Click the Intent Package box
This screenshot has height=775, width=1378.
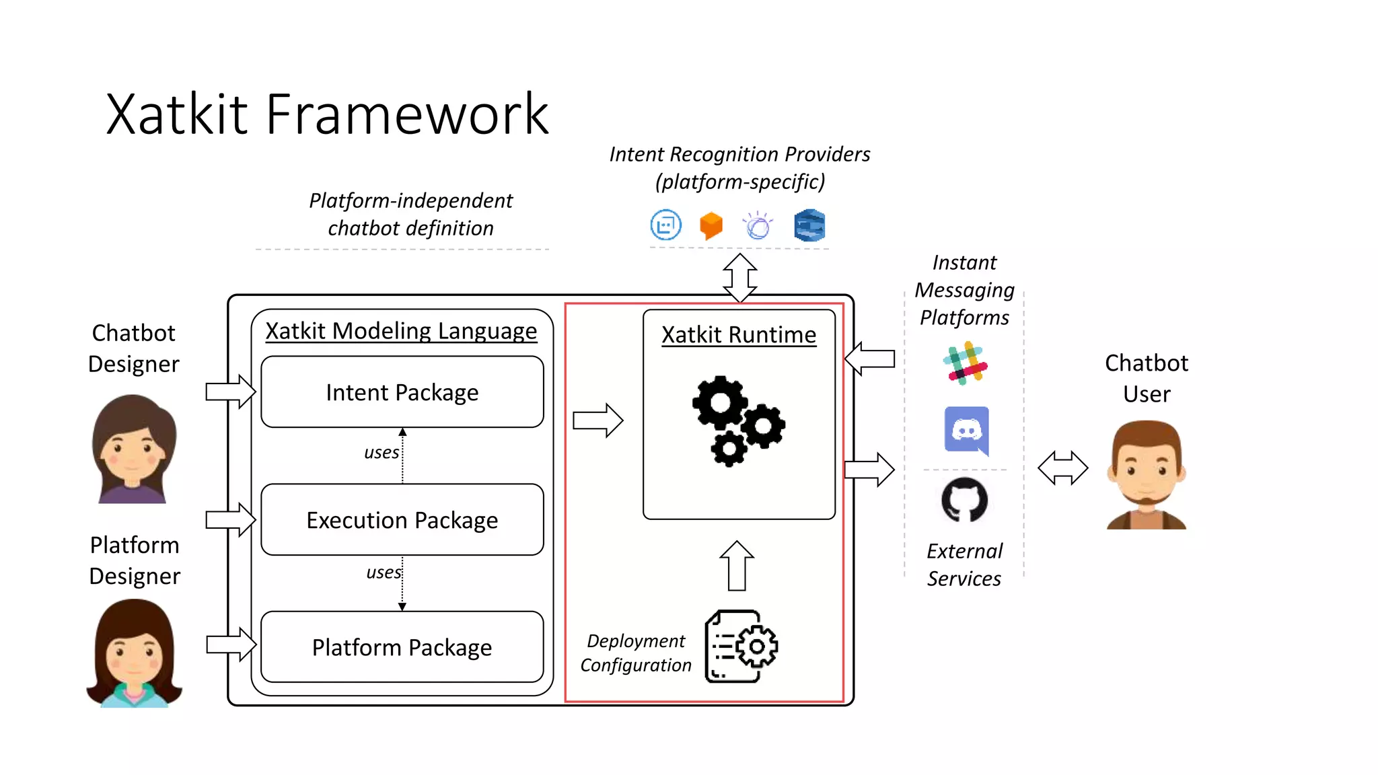[402, 392]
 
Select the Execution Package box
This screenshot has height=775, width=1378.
[402, 520]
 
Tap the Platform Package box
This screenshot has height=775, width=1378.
[402, 647]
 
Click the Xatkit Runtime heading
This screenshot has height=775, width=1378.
[738, 334]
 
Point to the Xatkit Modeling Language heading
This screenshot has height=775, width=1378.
[401, 330]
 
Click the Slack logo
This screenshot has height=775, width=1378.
[965, 363]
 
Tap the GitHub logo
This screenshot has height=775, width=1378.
[964, 501]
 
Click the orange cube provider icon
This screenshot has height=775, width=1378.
[711, 225]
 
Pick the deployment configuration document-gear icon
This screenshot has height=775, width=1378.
[741, 647]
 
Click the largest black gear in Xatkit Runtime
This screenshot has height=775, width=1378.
[720, 403]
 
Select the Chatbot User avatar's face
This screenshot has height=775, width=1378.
[1146, 471]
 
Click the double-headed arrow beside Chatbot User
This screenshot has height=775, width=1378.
[1062, 468]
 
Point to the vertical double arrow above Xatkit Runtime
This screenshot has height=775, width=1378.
[739, 277]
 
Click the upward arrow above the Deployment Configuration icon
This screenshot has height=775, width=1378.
[737, 566]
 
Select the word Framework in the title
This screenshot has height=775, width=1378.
[407, 114]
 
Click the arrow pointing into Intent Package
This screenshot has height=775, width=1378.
[230, 392]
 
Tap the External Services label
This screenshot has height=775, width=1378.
[964, 564]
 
